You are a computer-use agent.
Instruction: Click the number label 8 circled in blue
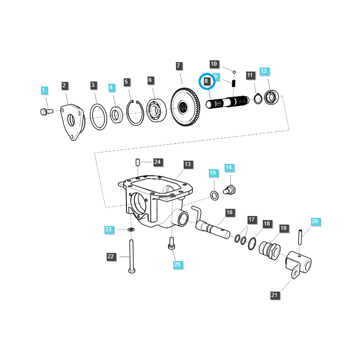pyautogui.click(x=207, y=81)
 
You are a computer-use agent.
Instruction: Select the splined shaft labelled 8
pyautogui.click(x=227, y=103)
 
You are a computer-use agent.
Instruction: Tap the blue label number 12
pyautogui.click(x=264, y=71)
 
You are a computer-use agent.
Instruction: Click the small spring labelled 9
pyautogui.click(x=234, y=83)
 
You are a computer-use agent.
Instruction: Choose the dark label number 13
pyautogui.click(x=188, y=164)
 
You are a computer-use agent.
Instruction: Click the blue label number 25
pyautogui.click(x=177, y=264)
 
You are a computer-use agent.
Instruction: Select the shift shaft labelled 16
pyautogui.click(x=213, y=225)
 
